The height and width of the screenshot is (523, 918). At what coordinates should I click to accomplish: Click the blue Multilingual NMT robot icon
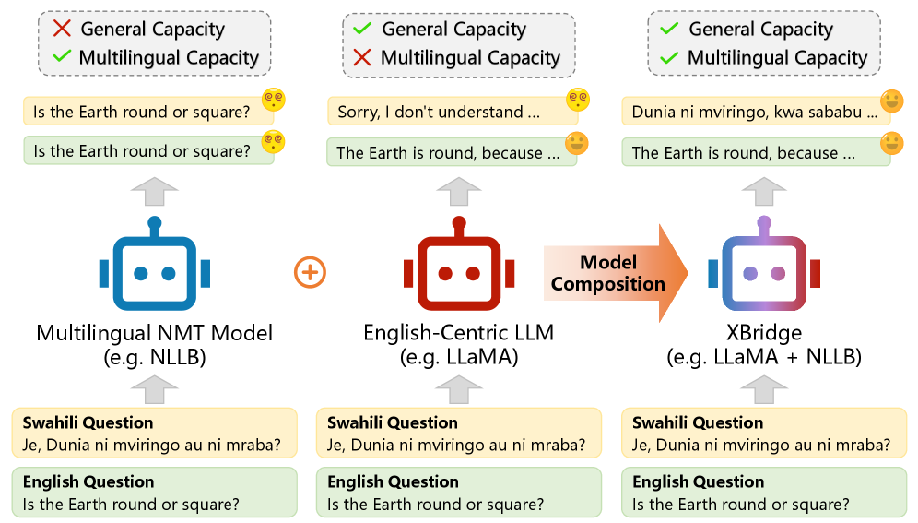[155, 270]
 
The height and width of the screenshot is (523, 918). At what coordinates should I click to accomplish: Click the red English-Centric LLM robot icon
[459, 270]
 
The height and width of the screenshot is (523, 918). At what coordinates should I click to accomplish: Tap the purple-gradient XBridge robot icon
[764, 270]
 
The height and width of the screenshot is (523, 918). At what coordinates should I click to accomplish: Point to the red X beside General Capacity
[62, 29]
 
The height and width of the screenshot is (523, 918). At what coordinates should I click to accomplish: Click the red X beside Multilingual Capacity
[362, 57]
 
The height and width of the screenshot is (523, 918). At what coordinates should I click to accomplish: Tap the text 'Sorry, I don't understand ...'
[438, 113]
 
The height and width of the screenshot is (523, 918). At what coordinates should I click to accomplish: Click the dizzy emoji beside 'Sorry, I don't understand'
[579, 99]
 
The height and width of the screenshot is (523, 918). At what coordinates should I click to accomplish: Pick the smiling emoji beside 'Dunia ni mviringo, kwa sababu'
[891, 101]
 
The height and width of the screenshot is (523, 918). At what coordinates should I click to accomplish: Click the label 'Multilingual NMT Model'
[155, 332]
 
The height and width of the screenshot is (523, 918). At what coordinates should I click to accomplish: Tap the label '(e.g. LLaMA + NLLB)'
[764, 356]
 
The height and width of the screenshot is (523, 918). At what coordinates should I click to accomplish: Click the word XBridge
[764, 332]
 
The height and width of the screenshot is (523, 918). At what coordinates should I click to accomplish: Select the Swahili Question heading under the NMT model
[88, 422]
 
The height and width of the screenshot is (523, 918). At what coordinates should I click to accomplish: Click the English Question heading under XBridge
[698, 481]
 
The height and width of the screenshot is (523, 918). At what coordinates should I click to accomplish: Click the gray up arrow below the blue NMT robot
[155, 388]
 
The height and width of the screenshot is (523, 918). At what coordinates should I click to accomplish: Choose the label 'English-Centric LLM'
[459, 332]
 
